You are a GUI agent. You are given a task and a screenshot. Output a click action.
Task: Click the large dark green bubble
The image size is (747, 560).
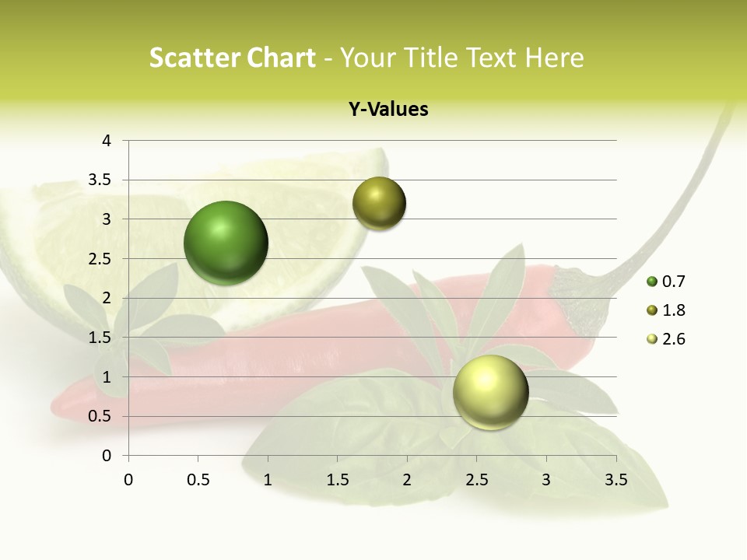tap(226, 243)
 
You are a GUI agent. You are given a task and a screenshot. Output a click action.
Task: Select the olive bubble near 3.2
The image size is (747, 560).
tap(379, 204)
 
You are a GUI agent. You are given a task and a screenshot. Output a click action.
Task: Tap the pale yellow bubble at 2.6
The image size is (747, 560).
tap(490, 393)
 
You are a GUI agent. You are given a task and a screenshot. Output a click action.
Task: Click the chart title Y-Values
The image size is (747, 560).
tap(388, 110)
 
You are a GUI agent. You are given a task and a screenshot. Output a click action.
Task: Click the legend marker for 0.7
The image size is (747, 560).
tap(651, 282)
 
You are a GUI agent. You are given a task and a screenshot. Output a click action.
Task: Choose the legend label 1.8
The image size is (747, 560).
tap(673, 310)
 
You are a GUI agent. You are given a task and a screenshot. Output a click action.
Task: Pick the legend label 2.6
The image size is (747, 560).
tap(673, 339)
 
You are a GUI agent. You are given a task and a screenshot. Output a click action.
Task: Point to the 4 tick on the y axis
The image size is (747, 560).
tap(107, 141)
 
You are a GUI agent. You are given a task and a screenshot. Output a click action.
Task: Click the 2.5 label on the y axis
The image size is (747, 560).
tap(100, 259)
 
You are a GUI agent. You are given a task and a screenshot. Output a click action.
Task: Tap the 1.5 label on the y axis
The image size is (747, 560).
tap(100, 338)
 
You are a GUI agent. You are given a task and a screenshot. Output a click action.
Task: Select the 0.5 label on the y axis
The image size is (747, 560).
tap(100, 416)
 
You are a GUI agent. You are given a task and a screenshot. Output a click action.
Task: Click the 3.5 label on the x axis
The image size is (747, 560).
tap(616, 480)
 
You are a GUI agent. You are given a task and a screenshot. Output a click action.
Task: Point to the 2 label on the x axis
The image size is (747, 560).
tap(407, 480)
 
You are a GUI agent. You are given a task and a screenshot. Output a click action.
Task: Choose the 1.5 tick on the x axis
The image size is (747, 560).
tap(337, 480)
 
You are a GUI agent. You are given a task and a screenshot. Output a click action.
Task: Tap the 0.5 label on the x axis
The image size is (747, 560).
tap(198, 480)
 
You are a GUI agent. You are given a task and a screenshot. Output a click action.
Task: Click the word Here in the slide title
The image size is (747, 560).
tap(554, 58)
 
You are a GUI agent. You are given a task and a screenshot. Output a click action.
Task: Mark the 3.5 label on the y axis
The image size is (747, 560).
tap(100, 180)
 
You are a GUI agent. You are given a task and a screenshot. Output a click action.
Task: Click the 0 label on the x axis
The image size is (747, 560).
tap(128, 480)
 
